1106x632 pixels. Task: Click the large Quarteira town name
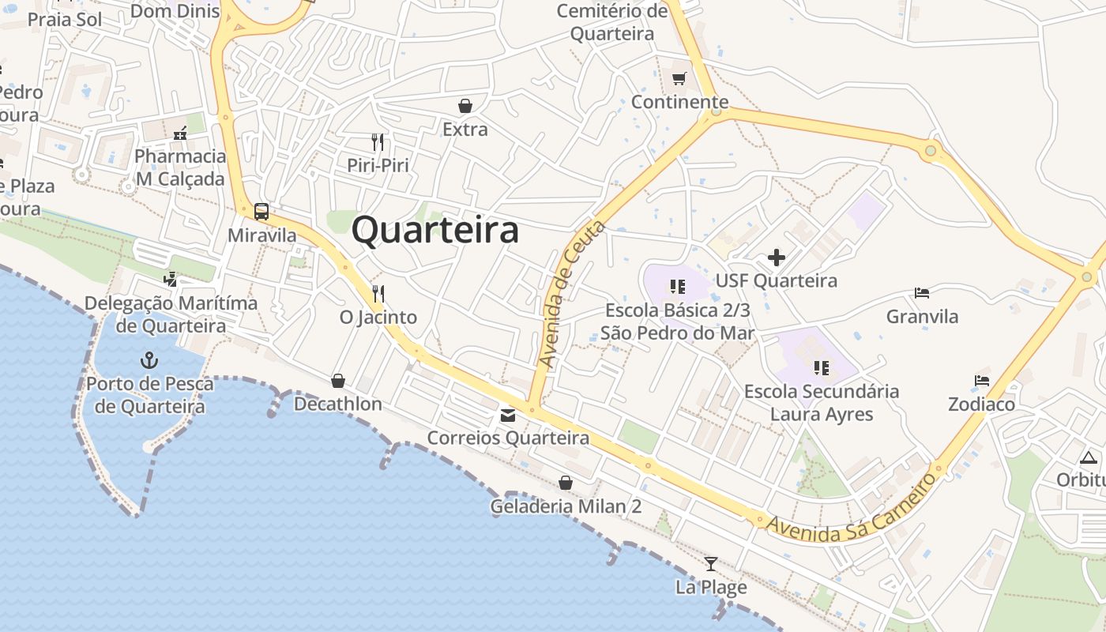coord(435,231)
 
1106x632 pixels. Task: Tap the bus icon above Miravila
coord(261,212)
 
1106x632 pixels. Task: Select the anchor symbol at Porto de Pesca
coord(149,361)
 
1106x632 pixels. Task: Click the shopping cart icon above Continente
coord(679,78)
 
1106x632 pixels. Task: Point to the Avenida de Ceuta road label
coord(572,294)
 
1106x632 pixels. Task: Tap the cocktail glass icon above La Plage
coord(711,563)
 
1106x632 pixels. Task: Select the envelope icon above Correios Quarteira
coord(508,416)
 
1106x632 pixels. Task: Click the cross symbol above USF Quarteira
coord(777,258)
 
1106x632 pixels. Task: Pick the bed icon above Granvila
coord(922,293)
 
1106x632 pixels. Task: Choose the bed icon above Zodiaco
coord(982,381)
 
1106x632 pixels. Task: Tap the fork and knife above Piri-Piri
coord(378,142)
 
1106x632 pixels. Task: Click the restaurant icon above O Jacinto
coord(378,294)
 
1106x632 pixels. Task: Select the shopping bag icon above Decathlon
coord(338,381)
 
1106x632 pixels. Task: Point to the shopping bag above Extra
coord(465,106)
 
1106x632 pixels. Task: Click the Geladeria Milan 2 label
coord(566,506)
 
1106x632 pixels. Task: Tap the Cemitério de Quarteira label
coord(612,23)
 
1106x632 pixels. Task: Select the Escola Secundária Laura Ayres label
coord(822,403)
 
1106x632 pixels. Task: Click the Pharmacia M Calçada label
coord(180,167)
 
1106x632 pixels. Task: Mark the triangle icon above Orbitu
coord(1089,457)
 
